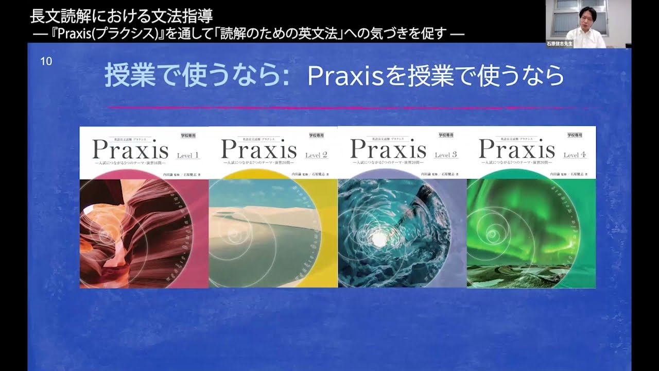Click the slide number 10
tap(46, 62)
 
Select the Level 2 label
tap(316, 155)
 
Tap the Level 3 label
tap(445, 155)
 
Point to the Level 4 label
tap(575, 155)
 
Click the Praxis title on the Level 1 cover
tap(130, 149)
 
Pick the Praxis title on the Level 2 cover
tap(259, 149)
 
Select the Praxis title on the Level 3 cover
tap(388, 149)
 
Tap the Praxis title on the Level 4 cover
tap(517, 149)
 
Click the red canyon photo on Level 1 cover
tap(134, 232)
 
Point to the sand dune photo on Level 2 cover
tap(263, 232)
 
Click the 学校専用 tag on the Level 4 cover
tap(575, 135)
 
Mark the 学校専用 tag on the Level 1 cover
tap(188, 135)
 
